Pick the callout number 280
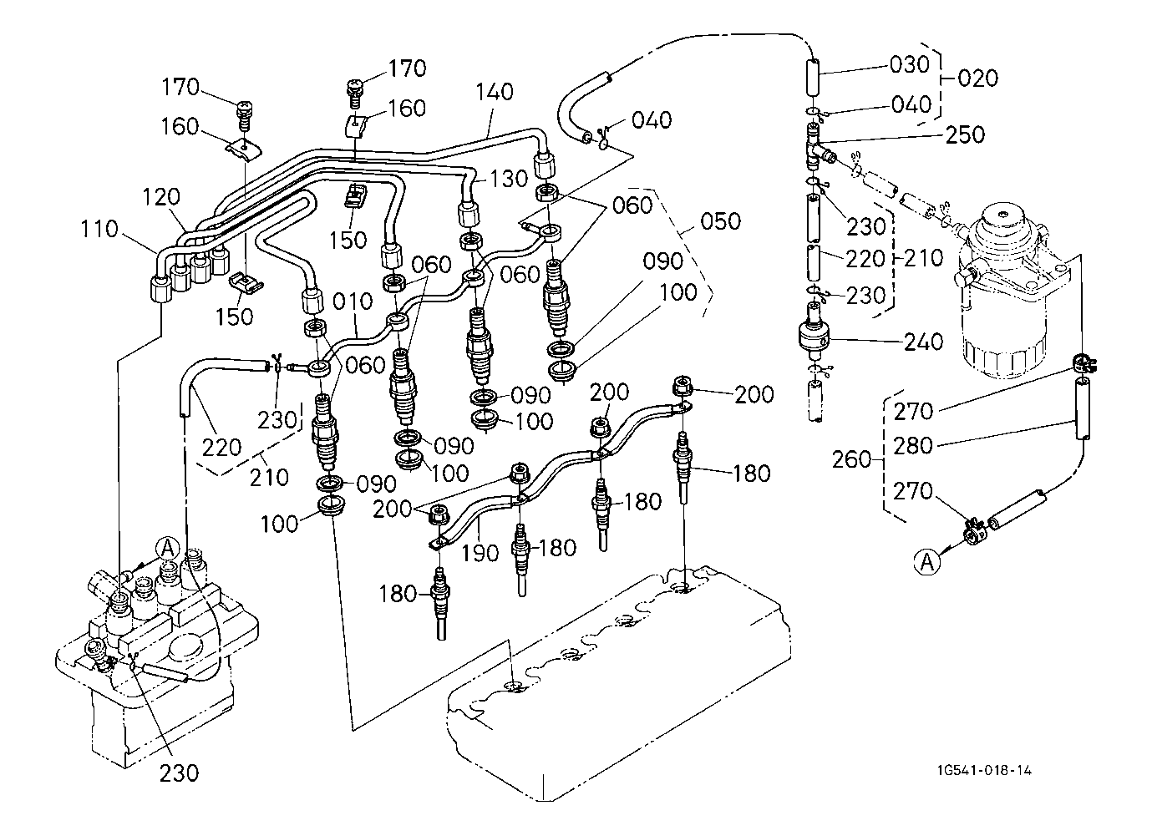click(x=913, y=445)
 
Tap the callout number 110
click(x=100, y=229)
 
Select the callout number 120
click(x=162, y=198)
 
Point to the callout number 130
click(x=509, y=179)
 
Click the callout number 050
click(x=719, y=221)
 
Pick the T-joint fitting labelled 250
click(x=816, y=147)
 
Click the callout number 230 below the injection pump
click(x=180, y=773)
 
